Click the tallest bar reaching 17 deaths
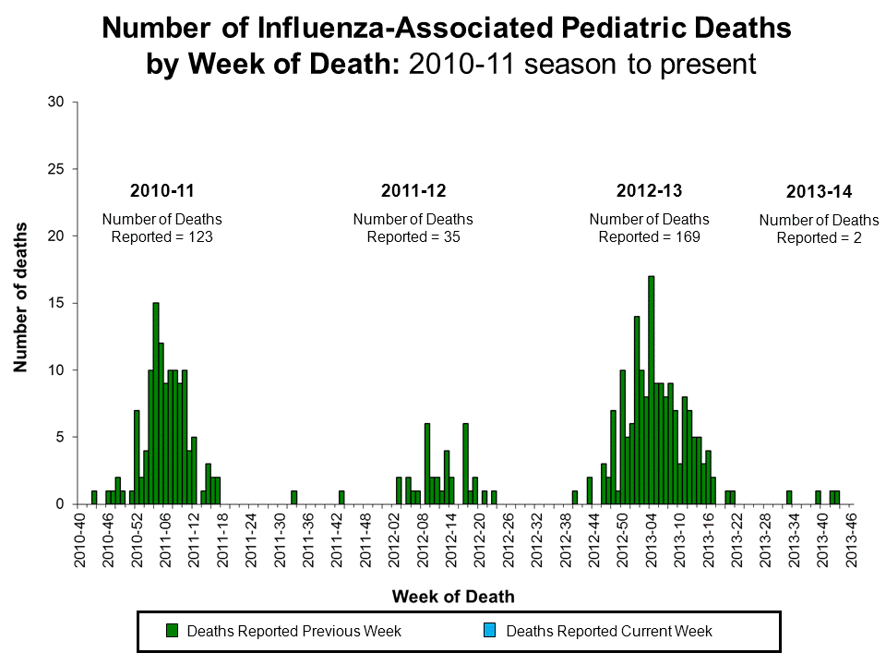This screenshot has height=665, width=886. pyautogui.click(x=652, y=390)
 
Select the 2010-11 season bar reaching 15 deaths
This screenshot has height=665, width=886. pyautogui.click(x=156, y=403)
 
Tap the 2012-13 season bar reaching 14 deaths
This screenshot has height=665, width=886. pyautogui.click(x=637, y=410)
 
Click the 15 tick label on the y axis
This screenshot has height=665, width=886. pyautogui.click(x=56, y=303)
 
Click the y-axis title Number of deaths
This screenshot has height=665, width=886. pyautogui.click(x=19, y=297)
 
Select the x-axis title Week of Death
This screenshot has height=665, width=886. pyautogui.click(x=453, y=596)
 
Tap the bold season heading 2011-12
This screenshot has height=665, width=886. pyautogui.click(x=413, y=191)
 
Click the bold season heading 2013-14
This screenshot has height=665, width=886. pyautogui.click(x=819, y=192)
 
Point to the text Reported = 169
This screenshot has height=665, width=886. pyautogui.click(x=649, y=236)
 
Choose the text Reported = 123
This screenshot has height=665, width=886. pyautogui.click(x=162, y=236)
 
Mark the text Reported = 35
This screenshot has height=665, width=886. pyautogui.click(x=413, y=236)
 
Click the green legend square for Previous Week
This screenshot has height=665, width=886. pyautogui.click(x=171, y=632)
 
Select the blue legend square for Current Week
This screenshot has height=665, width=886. pyautogui.click(x=490, y=632)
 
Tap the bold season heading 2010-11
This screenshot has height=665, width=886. pyautogui.click(x=162, y=191)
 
